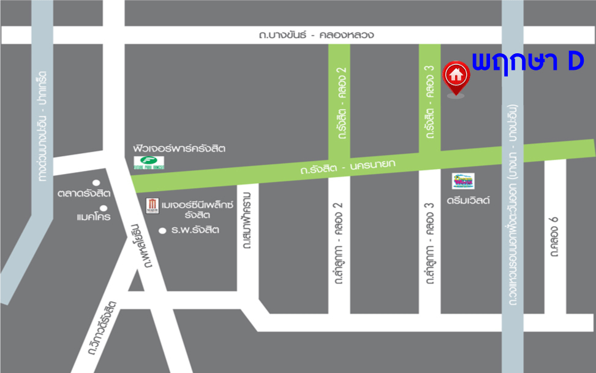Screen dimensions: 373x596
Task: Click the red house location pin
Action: pyautogui.click(x=455, y=77)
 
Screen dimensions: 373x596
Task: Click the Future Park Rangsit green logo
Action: pyautogui.click(x=144, y=164)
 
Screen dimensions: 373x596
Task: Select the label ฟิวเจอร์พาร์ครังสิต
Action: pyautogui.click(x=179, y=149)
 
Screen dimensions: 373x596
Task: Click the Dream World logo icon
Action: pyautogui.click(x=463, y=182)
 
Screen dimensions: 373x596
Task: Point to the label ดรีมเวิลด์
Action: pyautogui.click(x=469, y=200)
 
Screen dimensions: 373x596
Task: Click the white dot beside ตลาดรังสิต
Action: pyautogui.click(x=96, y=183)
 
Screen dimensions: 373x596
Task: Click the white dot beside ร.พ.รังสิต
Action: pyautogui.click(x=162, y=231)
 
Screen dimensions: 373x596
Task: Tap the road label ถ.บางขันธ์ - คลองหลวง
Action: pyautogui.click(x=317, y=35)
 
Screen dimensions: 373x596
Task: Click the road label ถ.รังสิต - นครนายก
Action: pyautogui.click(x=348, y=165)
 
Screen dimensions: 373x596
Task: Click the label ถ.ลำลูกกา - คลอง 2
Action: pyautogui.click(x=337, y=244)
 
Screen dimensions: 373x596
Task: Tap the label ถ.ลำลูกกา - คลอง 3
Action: pyautogui.click(x=429, y=244)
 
